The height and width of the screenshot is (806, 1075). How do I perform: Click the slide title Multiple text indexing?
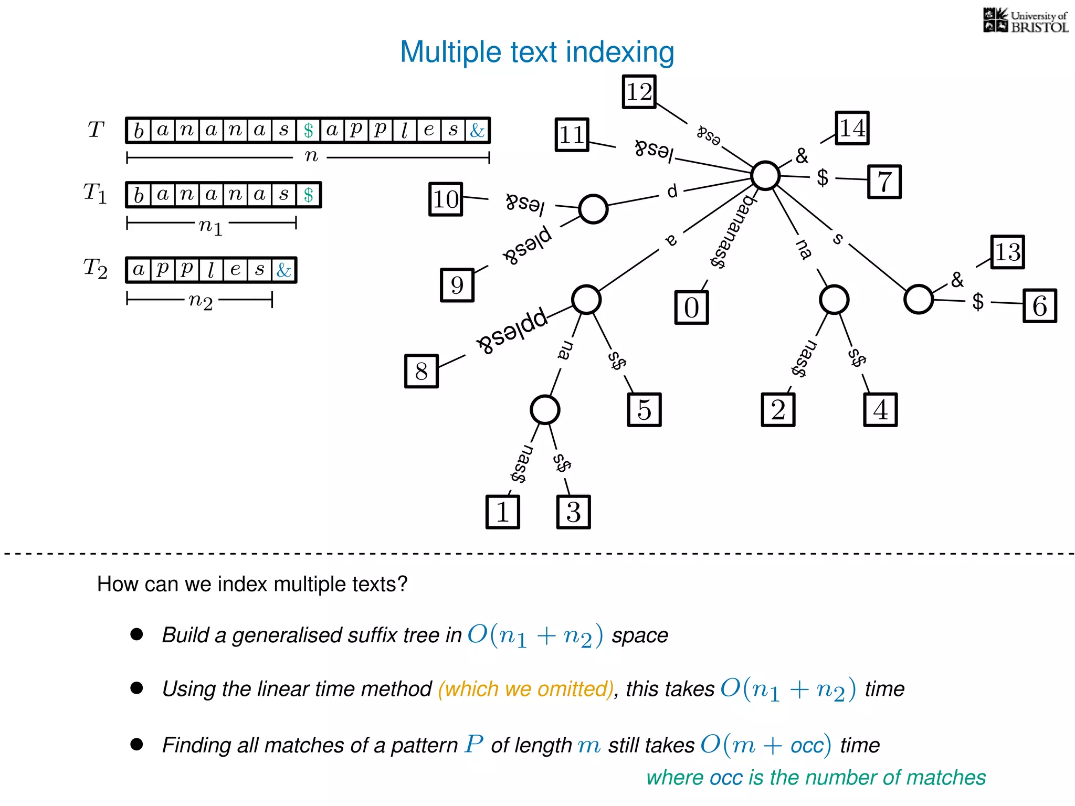tap(536, 52)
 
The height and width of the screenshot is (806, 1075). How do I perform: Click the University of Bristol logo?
tap(1025, 21)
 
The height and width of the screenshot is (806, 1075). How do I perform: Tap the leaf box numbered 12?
tap(639, 92)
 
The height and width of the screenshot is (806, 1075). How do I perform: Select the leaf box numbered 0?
tap(691, 307)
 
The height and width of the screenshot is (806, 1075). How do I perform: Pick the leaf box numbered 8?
tap(421, 372)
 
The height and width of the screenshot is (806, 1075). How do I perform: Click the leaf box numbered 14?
tap(852, 128)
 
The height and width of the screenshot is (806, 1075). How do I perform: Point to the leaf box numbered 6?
tap(1039, 305)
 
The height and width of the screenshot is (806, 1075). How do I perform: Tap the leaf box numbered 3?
tap(573, 512)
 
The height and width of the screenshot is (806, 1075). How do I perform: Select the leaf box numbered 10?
tap(446, 199)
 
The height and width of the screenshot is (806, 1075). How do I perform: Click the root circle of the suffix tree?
tap(765, 176)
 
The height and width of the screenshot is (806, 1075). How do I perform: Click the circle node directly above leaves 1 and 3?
tap(544, 410)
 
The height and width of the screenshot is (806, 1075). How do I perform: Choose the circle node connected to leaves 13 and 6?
tap(918, 300)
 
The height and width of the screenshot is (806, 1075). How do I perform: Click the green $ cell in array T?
tap(308, 131)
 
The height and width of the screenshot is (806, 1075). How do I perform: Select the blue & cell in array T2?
tap(284, 270)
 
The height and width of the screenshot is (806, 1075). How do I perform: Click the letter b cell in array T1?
tap(139, 195)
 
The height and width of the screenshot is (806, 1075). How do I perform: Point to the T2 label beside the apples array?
tap(96, 268)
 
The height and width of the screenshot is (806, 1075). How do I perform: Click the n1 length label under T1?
tap(210, 226)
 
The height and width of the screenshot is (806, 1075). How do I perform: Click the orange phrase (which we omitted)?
tap(525, 689)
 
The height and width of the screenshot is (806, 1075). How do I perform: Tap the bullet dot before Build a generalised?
tap(136, 634)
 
